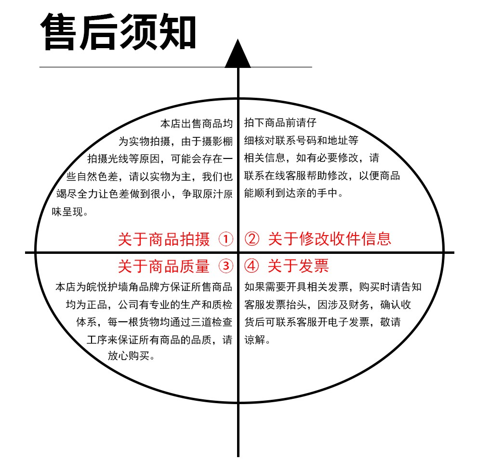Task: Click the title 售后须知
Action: point(119,32)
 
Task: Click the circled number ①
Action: point(225,239)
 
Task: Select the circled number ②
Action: point(252,239)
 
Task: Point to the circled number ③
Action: point(225,266)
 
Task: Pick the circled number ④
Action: point(252,266)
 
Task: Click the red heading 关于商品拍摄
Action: point(164,239)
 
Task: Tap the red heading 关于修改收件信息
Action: point(330,238)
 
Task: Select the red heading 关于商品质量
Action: point(164,266)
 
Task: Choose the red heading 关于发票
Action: point(298,266)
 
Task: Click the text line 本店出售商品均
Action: point(197,123)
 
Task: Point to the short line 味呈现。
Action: point(70,211)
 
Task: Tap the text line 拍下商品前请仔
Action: point(280,123)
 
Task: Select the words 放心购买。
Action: point(131,355)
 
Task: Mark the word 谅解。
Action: point(257,340)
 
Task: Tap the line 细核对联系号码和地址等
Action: point(302,140)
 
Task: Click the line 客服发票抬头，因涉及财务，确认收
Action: point(328,304)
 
